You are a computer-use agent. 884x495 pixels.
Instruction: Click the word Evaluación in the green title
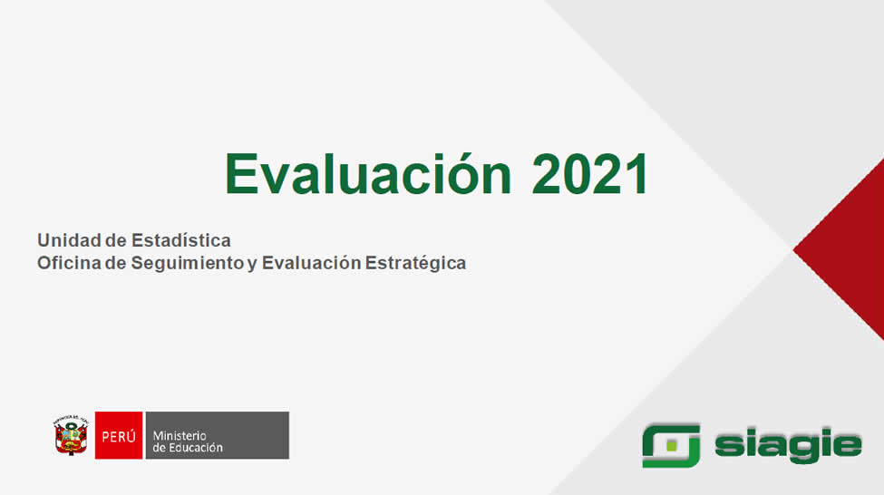(368, 173)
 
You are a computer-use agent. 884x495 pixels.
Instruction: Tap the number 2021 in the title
(590, 174)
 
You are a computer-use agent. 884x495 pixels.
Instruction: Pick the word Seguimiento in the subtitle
(188, 263)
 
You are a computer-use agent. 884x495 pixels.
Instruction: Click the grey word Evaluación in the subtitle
(311, 263)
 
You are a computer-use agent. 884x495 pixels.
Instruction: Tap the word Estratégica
(415, 263)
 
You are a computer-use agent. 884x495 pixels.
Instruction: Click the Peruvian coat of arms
(71, 435)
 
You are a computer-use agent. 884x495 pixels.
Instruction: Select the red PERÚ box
(119, 435)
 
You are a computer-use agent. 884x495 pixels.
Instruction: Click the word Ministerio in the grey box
(180, 436)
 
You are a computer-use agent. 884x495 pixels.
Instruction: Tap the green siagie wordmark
(788, 445)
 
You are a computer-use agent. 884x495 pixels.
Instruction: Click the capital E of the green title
(239, 174)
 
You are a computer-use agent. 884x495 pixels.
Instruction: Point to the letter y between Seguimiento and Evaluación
(252, 265)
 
